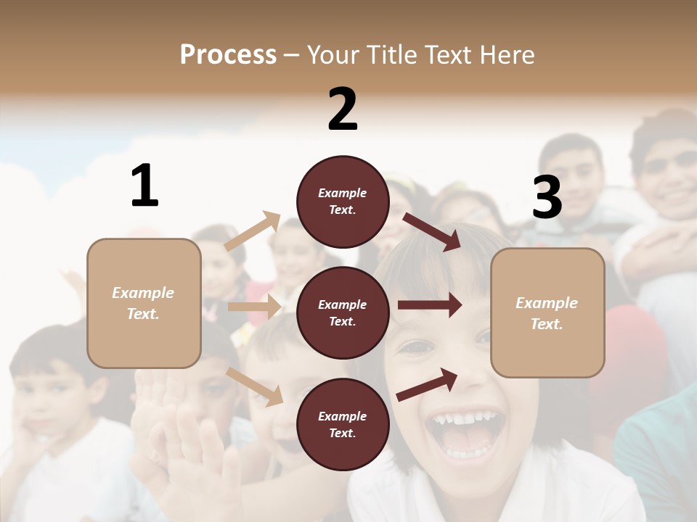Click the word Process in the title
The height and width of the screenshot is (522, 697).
tap(228, 55)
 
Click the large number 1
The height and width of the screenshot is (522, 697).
tap(144, 186)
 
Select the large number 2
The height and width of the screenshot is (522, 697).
tap(343, 109)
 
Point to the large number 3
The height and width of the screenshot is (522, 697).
tap(547, 197)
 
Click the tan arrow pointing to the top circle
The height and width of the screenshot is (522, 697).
tap(253, 231)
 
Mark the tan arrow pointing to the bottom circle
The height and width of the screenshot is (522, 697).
tap(255, 386)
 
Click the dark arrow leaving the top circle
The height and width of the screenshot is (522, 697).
tap(432, 231)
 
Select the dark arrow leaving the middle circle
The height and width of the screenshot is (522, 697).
tap(429, 305)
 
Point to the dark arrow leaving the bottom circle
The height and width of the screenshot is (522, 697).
tap(428, 384)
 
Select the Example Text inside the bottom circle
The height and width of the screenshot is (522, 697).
tap(343, 425)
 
